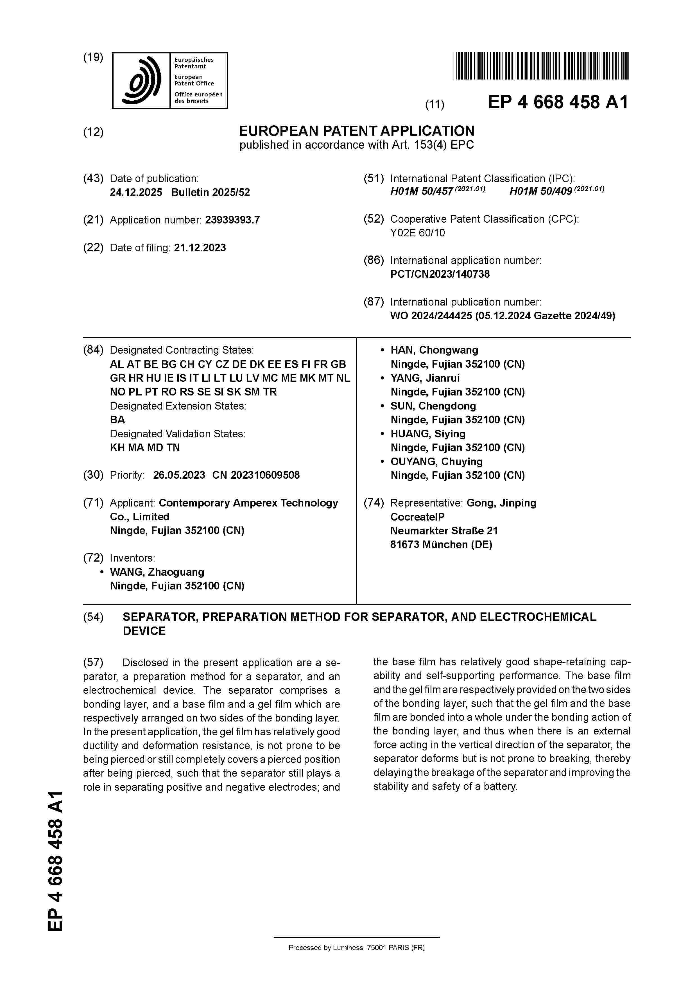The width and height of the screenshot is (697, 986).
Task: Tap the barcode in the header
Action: pos(541,66)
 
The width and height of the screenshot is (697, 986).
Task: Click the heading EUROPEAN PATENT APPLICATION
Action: pos(356,130)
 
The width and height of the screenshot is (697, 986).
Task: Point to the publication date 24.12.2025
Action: pos(136,192)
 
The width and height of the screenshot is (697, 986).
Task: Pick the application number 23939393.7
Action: pos(232,220)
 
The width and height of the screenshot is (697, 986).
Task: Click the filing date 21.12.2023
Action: pos(200,248)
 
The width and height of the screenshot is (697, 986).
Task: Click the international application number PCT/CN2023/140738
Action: pos(440,274)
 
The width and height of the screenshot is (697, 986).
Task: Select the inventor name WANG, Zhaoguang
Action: pos(157,572)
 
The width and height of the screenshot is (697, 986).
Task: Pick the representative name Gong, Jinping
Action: pos(501,503)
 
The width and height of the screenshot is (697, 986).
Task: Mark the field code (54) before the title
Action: pos(93,617)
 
